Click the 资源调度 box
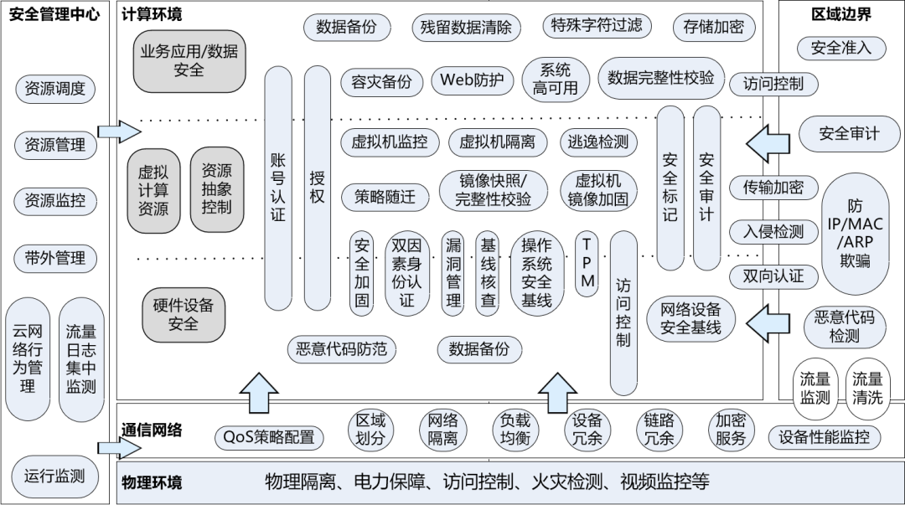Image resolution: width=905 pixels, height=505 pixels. click(55, 89)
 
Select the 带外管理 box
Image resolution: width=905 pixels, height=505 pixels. click(55, 258)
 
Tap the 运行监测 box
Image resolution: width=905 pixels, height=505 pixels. click(55, 477)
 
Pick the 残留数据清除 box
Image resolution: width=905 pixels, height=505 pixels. click(467, 27)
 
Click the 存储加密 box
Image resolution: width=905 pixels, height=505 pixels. click(713, 27)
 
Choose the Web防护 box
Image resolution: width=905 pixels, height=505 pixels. click(472, 80)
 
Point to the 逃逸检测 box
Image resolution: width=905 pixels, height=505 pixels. click(597, 142)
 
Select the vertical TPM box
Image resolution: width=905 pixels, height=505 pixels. click(587, 262)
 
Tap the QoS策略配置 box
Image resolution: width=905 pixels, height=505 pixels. click(268, 436)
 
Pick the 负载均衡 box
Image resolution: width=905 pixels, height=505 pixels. click(515, 429)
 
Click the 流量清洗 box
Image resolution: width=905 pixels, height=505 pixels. click(867, 389)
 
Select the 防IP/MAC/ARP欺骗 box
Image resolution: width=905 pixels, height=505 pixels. click(857, 234)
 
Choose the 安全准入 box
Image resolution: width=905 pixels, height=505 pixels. click(841, 48)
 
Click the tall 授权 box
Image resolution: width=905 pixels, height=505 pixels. click(317, 188)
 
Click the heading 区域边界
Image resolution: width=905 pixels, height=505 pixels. click(841, 14)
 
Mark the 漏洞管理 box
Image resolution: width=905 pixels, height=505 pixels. click(453, 272)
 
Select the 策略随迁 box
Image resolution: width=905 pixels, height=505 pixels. click(384, 197)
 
